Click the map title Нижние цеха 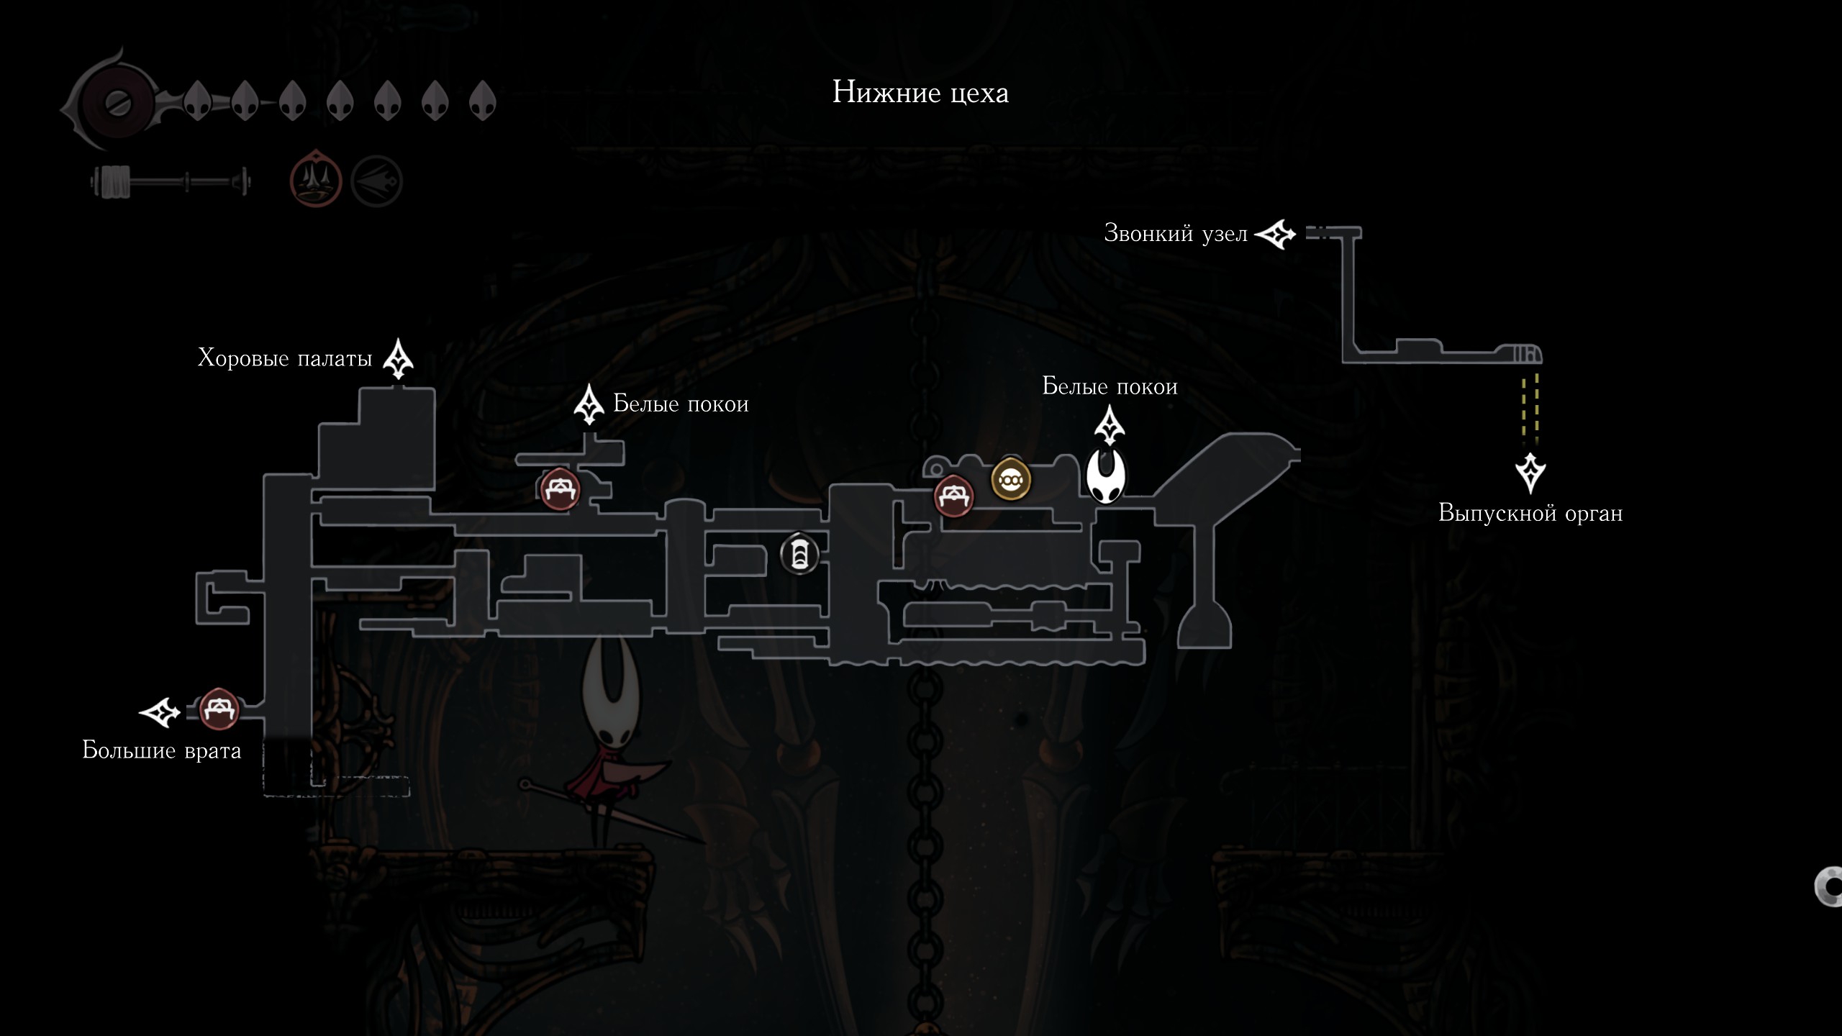click(920, 93)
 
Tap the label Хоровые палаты click(285, 358)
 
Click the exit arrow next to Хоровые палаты click(398, 359)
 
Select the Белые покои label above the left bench click(681, 404)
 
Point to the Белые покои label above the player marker click(1110, 386)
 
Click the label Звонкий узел click(1176, 233)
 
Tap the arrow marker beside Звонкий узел click(1275, 235)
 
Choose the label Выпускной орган click(1530, 513)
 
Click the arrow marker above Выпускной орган click(1530, 473)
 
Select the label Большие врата click(162, 750)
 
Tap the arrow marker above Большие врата click(159, 712)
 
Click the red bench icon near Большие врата click(219, 709)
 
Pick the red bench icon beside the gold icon click(954, 496)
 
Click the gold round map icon click(1011, 479)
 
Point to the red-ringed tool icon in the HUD click(315, 178)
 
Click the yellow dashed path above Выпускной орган click(1530, 408)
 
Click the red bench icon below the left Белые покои click(560, 489)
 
